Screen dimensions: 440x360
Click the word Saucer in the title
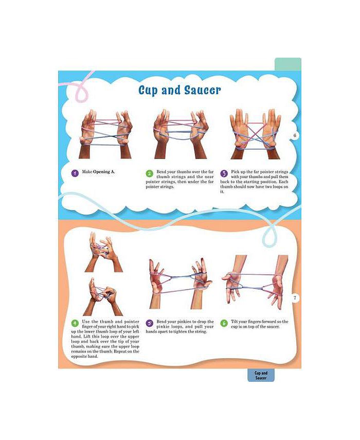pos(202,90)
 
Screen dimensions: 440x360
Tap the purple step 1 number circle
pos(75,173)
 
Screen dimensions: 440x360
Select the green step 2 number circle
pos(149,173)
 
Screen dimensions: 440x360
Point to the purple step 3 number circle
pos(224,173)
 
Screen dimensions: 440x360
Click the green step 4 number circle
pos(75,323)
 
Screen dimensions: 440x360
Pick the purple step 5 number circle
pos(149,323)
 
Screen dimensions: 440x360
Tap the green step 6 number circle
pos(224,323)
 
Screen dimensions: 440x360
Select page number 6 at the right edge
pos(295,136)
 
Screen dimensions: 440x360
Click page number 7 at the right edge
pos(295,298)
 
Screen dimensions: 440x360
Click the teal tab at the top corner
pos(287,64)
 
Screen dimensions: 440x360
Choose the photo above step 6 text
pos(254,280)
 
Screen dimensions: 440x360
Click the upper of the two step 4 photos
pos(104,252)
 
